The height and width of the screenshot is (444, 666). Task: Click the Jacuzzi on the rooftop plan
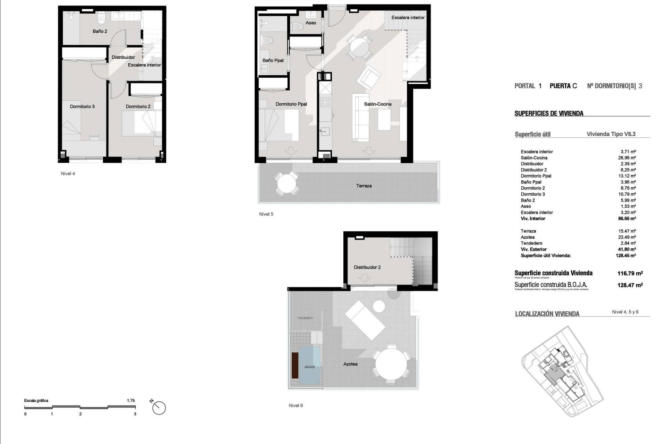309,366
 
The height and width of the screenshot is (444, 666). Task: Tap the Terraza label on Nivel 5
364,186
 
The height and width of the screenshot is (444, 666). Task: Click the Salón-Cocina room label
377,104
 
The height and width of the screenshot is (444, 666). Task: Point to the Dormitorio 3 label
82,106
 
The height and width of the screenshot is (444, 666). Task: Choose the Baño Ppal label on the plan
273,60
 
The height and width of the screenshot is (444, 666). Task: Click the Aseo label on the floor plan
310,23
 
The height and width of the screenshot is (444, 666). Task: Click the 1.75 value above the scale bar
131,401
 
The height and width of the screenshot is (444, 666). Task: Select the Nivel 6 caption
296,405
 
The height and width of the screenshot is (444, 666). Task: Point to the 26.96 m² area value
627,158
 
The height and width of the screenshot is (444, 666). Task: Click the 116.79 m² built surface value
630,273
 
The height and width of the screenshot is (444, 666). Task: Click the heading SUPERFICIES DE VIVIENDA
549,113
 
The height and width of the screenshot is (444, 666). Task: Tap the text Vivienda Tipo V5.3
611,134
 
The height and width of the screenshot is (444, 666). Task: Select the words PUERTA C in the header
563,86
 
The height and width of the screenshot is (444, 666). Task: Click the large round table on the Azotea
391,364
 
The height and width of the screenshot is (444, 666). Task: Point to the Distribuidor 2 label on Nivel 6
367,267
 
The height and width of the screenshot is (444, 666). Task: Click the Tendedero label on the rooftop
305,318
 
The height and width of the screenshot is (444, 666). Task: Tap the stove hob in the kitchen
325,102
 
